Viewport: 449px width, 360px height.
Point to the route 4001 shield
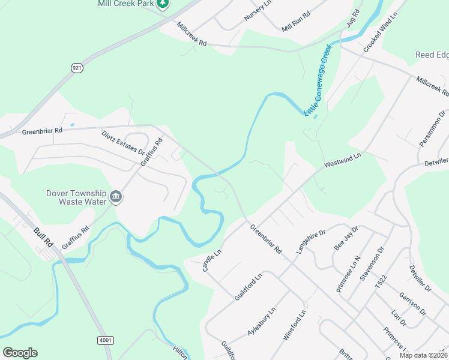point(105,340)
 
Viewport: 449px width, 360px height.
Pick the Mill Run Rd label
point(296,22)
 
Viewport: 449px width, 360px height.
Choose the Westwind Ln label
point(342,160)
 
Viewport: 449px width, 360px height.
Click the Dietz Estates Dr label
point(124,142)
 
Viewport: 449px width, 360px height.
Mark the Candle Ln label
point(212,260)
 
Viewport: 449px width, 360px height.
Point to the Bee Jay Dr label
point(346,238)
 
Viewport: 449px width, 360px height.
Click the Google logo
point(20,353)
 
